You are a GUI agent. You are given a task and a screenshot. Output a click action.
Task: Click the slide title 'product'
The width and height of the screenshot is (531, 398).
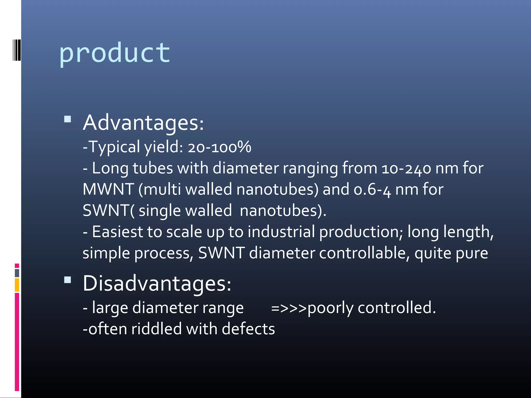pyautogui.click(x=114, y=53)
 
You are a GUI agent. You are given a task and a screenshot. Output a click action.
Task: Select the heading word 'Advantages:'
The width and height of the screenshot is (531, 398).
pyautogui.click(x=143, y=123)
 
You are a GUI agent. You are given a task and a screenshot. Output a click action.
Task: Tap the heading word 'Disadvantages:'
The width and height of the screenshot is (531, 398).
pyautogui.click(x=157, y=283)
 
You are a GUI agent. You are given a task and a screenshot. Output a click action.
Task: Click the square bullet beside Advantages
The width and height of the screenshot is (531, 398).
pyautogui.click(x=68, y=119)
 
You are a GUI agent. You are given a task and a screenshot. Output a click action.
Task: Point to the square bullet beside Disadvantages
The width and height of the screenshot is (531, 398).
pyautogui.click(x=68, y=280)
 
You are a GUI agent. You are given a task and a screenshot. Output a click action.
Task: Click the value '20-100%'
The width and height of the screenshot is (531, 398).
pyautogui.click(x=219, y=147)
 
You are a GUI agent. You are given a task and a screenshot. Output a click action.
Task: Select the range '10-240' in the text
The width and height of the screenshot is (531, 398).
pyautogui.click(x=406, y=168)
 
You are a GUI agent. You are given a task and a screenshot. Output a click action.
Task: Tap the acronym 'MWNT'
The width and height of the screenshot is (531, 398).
pyautogui.click(x=108, y=189)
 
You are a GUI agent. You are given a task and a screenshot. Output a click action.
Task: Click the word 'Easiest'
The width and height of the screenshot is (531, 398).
pyautogui.click(x=117, y=232)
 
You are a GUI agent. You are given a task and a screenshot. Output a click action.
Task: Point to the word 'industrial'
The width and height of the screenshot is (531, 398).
pyautogui.click(x=281, y=232)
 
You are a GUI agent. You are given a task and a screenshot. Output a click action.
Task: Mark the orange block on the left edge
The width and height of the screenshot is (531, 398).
pyautogui.click(x=17, y=285)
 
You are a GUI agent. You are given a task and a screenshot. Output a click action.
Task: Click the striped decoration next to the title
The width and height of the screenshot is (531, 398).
pyautogui.click(x=16, y=50)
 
